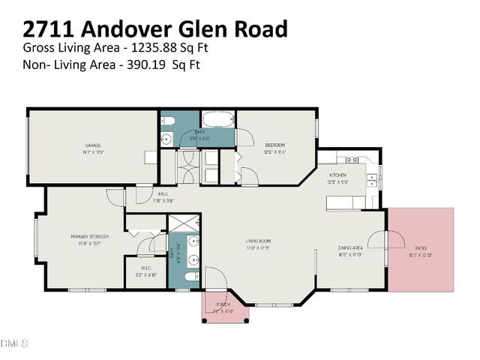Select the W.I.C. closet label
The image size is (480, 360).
click(147, 268)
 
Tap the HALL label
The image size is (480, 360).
click(163, 196)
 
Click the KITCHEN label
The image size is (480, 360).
click(337, 174)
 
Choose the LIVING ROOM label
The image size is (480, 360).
click(257, 241)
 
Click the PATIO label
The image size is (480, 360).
click(419, 248)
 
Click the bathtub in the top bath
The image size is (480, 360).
click(218, 120)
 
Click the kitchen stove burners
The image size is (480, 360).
click(349, 160)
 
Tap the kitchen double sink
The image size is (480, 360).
click(372, 181)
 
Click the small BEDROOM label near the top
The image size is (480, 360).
click(275, 145)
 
